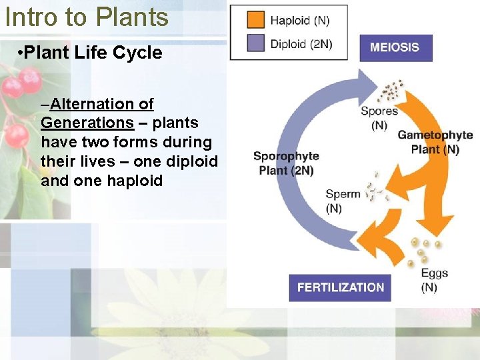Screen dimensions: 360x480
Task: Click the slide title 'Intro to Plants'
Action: click(87, 17)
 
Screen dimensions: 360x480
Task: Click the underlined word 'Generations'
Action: click(87, 123)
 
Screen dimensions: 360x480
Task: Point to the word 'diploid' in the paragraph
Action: click(193, 161)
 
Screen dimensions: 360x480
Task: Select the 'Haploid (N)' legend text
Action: click(299, 21)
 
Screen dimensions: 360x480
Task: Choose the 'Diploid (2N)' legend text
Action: click(301, 44)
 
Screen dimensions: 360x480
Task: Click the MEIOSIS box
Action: click(395, 47)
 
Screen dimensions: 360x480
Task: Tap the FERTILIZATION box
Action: click(340, 287)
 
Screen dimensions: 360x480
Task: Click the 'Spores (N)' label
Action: click(379, 118)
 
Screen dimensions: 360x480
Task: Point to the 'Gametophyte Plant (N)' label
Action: click(435, 142)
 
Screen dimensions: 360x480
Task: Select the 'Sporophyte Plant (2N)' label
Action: click(286, 163)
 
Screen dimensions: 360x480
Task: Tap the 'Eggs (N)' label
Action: click(434, 280)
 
